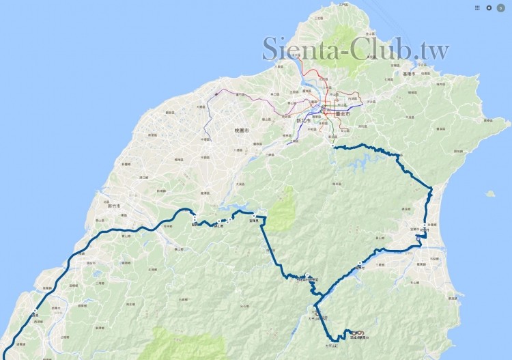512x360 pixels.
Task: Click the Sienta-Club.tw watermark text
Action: tap(356, 49)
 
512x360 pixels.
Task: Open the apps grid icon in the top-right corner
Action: tap(477, 8)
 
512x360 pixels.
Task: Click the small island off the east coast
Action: tap(490, 193)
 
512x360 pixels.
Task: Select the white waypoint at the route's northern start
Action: tap(332, 146)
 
